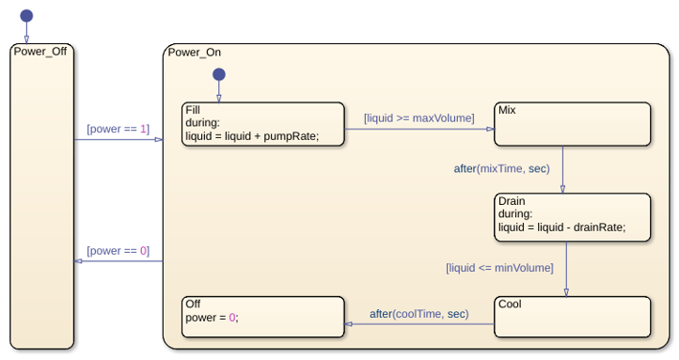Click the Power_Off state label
(40, 52)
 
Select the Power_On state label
(195, 53)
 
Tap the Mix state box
(572, 124)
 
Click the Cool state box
(572, 317)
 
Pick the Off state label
(193, 304)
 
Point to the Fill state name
(193, 110)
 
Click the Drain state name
(512, 201)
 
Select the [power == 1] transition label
(118, 129)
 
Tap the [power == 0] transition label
(118, 251)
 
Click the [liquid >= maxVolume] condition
(419, 118)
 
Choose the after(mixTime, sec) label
(502, 168)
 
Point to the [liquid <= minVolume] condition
(499, 268)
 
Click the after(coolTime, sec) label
(419, 314)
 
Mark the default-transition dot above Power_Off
(26, 16)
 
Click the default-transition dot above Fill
(219, 74)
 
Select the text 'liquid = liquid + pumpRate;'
(252, 136)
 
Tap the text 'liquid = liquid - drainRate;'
(561, 227)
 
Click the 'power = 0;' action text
(212, 318)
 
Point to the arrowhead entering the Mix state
(490, 129)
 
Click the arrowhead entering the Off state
(348, 324)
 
